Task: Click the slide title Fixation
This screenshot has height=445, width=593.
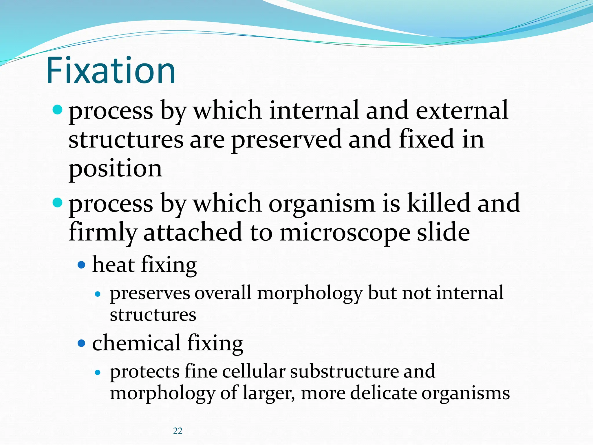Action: (x=111, y=71)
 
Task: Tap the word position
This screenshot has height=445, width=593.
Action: (x=115, y=169)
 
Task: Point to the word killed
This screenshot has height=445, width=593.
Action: (x=439, y=203)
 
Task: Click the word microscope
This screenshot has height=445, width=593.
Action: (x=345, y=233)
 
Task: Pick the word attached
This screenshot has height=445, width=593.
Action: (x=193, y=232)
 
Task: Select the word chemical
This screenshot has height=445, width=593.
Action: (x=136, y=343)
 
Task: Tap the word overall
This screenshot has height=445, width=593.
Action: (x=223, y=293)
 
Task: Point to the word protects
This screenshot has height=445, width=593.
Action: (x=144, y=372)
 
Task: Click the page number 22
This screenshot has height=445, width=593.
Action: (x=177, y=431)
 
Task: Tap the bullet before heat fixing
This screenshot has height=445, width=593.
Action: (x=82, y=265)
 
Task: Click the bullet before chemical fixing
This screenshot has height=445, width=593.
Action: (x=82, y=344)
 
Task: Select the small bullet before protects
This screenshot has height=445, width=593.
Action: (x=98, y=373)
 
